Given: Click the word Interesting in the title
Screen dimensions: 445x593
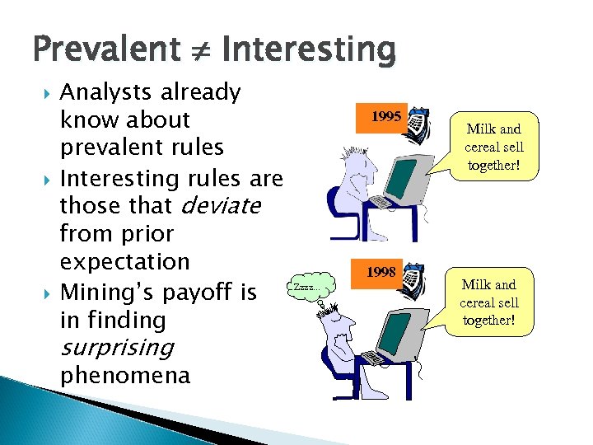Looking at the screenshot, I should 308,49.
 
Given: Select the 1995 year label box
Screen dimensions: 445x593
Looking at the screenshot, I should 385,117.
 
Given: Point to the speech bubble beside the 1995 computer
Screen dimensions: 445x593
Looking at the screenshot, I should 493,147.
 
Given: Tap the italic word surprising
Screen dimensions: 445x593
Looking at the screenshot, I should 116,347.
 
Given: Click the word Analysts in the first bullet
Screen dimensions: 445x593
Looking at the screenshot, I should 109,92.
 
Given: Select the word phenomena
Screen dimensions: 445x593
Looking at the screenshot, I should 125,376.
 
